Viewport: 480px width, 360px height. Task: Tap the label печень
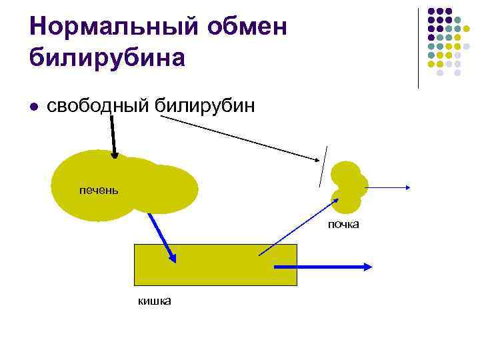click(x=99, y=191)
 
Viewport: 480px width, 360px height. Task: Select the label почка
click(x=343, y=225)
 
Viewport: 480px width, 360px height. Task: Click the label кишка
click(x=155, y=301)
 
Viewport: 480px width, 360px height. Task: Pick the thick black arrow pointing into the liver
click(x=113, y=137)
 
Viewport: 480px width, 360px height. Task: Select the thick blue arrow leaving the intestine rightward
click(x=323, y=267)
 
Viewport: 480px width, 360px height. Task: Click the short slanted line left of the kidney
click(x=323, y=166)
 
